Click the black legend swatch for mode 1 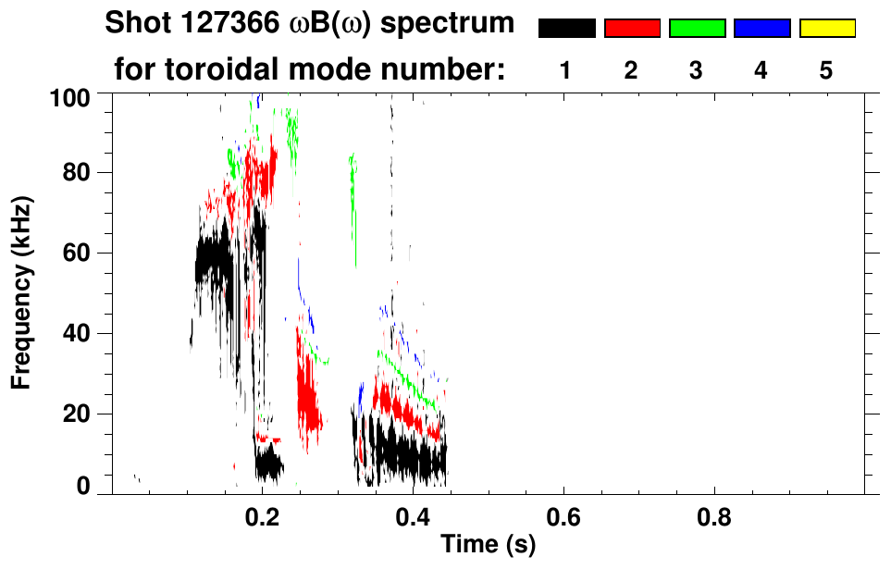[566, 29]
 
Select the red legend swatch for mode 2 [632, 29]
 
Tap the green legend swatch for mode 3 [697, 29]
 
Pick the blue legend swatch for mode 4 [761, 29]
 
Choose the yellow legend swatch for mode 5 [826, 29]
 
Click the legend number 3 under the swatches [697, 71]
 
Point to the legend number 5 [826, 71]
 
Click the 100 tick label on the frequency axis [69, 96]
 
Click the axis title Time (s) [488, 546]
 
